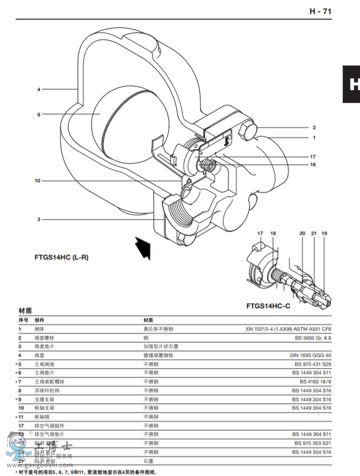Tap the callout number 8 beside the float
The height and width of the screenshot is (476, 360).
click(x=39, y=115)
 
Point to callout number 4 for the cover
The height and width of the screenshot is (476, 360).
click(x=39, y=89)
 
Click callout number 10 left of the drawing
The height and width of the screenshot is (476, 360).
click(x=38, y=181)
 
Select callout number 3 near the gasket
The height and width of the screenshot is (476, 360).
click(x=39, y=219)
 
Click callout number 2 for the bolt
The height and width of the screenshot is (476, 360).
click(x=314, y=128)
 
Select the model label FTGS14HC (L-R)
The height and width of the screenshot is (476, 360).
click(x=62, y=257)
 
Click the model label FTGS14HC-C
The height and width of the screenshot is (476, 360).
click(x=269, y=306)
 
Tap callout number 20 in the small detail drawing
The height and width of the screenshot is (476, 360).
click(x=302, y=233)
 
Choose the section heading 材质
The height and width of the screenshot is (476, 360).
click(x=25, y=311)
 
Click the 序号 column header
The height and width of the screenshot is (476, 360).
click(x=24, y=320)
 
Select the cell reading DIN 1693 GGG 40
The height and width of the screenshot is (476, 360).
click(x=310, y=355)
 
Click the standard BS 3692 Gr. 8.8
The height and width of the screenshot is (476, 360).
click(x=311, y=338)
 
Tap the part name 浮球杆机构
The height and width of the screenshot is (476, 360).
click(x=47, y=390)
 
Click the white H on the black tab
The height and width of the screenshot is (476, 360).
click(x=353, y=84)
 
